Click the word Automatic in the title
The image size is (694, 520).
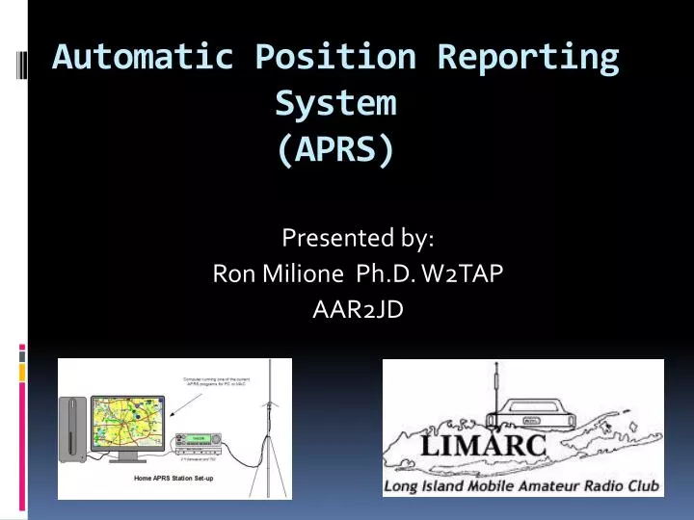(143, 58)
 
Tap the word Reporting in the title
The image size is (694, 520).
(528, 58)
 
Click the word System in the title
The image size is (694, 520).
(335, 102)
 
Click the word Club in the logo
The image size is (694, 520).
(640, 486)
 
